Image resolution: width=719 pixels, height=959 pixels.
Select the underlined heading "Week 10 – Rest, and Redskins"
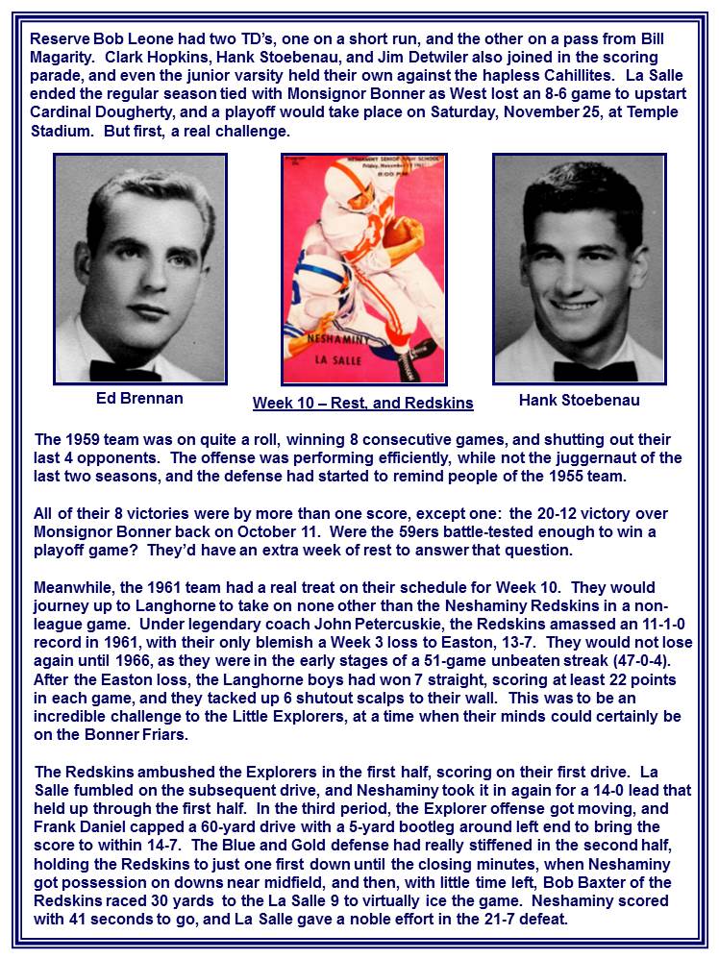pos(362,403)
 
